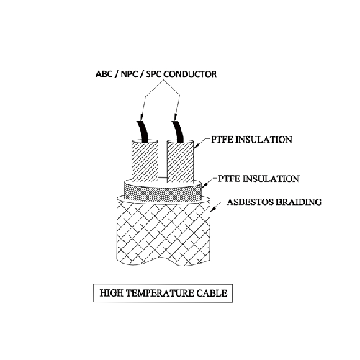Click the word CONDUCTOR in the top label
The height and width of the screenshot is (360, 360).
(x=190, y=74)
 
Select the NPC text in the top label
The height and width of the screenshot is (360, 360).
(x=130, y=74)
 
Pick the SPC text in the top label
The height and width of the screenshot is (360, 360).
(x=154, y=74)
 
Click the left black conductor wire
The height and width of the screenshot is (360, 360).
(x=143, y=132)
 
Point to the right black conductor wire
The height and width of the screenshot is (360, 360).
(x=178, y=132)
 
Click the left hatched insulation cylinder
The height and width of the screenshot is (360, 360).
(x=145, y=161)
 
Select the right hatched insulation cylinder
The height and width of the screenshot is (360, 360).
(x=180, y=161)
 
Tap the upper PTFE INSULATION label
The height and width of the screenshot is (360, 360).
(x=251, y=140)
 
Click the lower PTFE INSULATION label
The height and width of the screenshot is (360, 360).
(x=258, y=179)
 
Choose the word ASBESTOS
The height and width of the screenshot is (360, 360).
(x=250, y=202)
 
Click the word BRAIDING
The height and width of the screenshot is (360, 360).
(x=299, y=202)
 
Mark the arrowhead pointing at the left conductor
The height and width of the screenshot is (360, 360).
(x=141, y=117)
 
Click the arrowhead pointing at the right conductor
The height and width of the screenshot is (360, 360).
(x=175, y=117)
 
